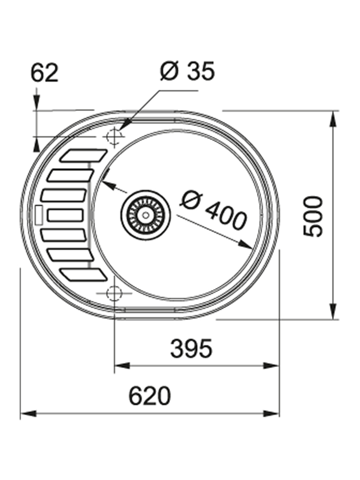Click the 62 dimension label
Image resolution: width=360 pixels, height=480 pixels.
45,73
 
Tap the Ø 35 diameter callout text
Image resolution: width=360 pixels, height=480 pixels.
188,71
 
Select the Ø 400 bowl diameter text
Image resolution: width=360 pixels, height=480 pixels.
213,210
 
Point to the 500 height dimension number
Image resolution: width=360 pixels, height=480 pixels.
313,217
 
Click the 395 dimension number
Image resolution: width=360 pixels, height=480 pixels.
191,348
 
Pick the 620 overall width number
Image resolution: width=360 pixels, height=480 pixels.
149,396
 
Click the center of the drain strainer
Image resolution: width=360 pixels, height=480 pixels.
145,215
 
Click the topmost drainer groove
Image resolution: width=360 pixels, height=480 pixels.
84,155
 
